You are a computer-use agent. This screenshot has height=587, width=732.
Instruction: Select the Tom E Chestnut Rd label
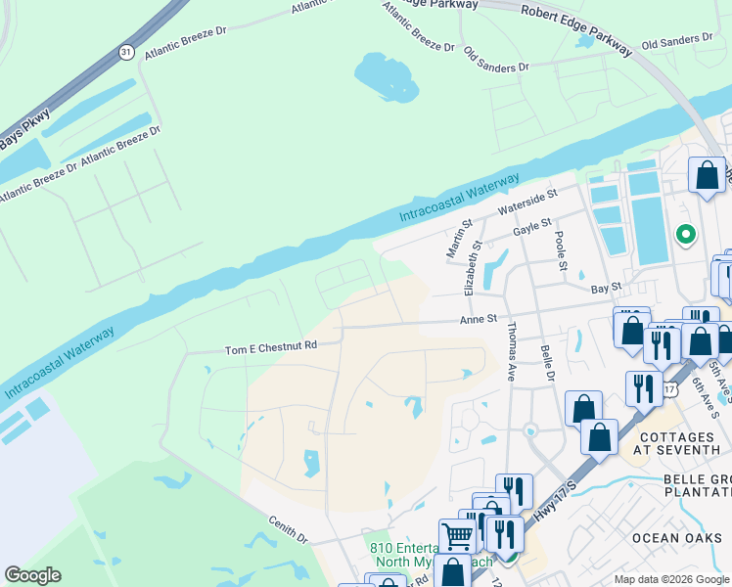click(x=271, y=346)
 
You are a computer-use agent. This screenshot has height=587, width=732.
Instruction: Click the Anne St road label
click(x=480, y=318)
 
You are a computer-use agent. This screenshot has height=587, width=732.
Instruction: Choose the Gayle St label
click(x=532, y=229)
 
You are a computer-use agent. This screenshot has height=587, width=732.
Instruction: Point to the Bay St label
click(x=606, y=288)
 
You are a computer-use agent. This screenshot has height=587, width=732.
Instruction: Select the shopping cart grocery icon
click(x=456, y=535)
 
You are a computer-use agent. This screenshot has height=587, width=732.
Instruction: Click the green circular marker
click(x=686, y=234)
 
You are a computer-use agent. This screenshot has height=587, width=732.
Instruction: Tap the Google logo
click(x=32, y=575)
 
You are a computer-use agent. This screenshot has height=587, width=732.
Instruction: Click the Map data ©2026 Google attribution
click(x=671, y=579)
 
